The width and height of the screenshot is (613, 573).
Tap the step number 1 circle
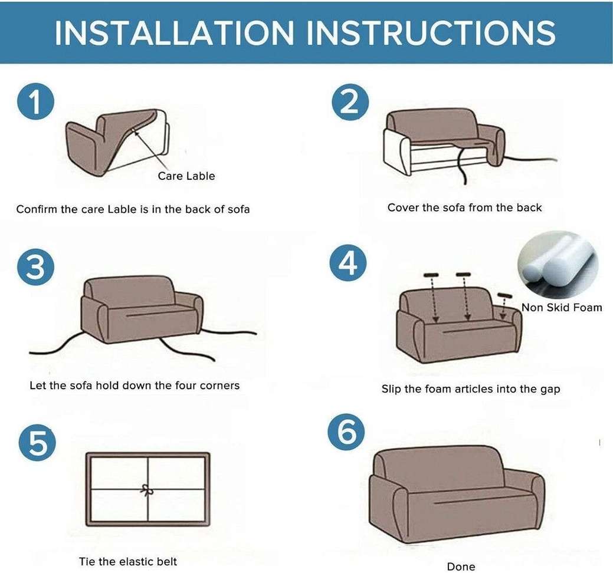click(x=37, y=102)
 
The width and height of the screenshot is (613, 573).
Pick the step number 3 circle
click(x=37, y=267)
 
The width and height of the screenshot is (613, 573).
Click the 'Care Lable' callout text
click(x=186, y=176)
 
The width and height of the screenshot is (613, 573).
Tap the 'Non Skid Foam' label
click(x=562, y=307)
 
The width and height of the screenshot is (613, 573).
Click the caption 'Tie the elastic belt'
click(x=128, y=561)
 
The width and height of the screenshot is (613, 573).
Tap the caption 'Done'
click(x=461, y=567)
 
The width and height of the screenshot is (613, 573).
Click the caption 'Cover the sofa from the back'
click(x=464, y=208)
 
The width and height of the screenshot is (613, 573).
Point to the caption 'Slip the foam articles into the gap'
click(x=471, y=389)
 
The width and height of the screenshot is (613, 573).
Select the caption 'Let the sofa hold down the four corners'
click(x=135, y=386)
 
